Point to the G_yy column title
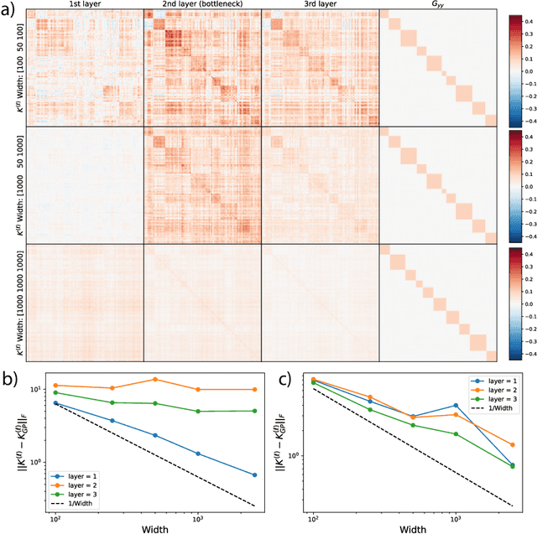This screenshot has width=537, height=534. click(x=438, y=5)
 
